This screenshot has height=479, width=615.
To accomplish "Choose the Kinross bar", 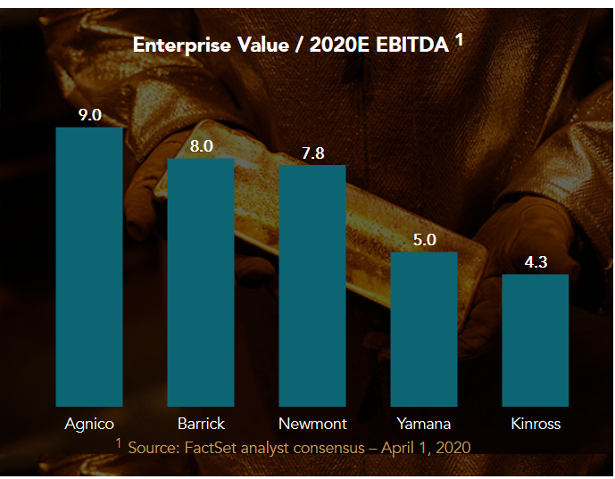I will coord(536,340).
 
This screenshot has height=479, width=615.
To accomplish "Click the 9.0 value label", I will coord(89,115).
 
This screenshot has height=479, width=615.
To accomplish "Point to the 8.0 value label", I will coord(201,146).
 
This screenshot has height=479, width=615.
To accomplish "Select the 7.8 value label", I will coord(312,153).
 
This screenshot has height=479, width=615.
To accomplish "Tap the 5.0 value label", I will coord(424,239).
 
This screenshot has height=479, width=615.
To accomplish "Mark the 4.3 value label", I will coord(536,262).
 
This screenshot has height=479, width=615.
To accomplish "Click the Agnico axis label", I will coord(89,423).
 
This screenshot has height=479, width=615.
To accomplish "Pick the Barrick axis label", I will coord(201,423).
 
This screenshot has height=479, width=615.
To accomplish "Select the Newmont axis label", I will coord(312,423).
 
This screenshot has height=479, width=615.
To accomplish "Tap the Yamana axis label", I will coord(424,423).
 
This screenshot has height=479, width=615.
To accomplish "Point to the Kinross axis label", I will coord(536,423).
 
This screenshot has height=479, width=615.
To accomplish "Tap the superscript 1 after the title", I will coord(459,38).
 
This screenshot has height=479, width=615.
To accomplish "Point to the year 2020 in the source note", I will coord(450,446).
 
